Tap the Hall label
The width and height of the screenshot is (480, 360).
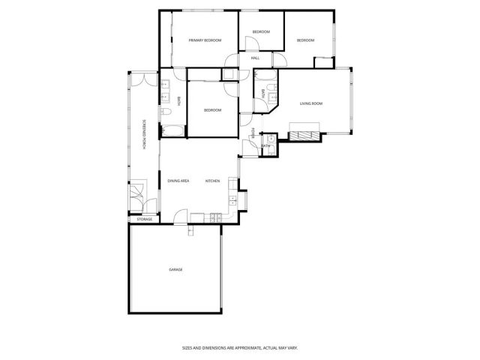(x=255, y=58)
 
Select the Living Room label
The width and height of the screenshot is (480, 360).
(x=310, y=103)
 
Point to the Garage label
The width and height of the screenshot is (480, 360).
(x=175, y=269)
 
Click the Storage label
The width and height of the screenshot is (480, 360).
(x=145, y=219)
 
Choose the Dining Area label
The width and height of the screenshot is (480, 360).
(x=178, y=181)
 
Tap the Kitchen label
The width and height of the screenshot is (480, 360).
(x=212, y=181)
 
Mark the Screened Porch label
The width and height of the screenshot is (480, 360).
(x=145, y=135)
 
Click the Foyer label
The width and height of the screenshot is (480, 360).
(x=253, y=136)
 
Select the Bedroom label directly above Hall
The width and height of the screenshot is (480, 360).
(x=260, y=31)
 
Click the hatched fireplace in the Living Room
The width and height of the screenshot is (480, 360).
(x=304, y=136)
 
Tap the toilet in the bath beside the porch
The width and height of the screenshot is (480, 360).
(x=166, y=112)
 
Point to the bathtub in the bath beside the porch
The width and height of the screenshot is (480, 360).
(x=171, y=131)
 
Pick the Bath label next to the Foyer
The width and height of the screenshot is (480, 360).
(x=265, y=145)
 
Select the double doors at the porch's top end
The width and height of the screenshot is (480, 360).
(x=142, y=73)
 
